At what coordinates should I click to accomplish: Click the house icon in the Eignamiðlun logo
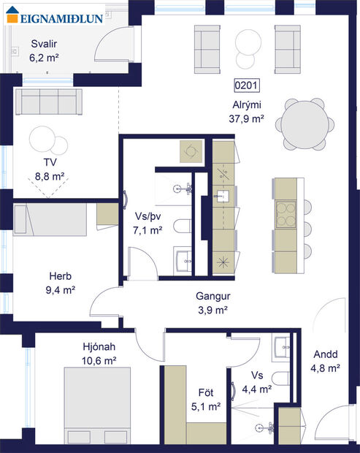pyautogui.click(x=12, y=17)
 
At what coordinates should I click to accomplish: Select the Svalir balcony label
pyautogui.click(x=43, y=43)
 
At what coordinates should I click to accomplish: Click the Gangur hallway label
pyautogui.click(x=212, y=297)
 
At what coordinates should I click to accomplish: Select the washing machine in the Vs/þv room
pyautogui.click(x=192, y=151)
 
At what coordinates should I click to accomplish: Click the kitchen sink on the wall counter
pyautogui.click(x=223, y=197)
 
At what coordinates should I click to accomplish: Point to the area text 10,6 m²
pyautogui.click(x=99, y=360)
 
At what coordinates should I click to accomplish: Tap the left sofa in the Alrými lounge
pyautogui.click(x=207, y=46)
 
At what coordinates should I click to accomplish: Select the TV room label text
pyautogui.click(x=50, y=162)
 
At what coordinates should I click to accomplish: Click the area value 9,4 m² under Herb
pyautogui.click(x=60, y=289)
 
